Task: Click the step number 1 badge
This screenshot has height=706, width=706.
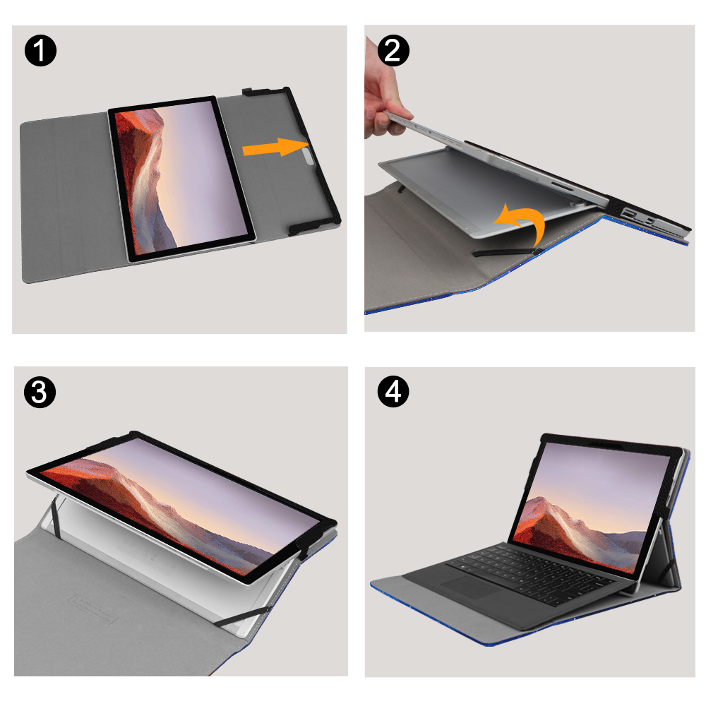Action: [x=40, y=52]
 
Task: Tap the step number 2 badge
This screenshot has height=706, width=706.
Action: [x=393, y=50]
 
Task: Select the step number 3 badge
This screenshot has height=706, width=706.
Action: [x=40, y=392]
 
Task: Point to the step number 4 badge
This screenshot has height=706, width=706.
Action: [x=393, y=392]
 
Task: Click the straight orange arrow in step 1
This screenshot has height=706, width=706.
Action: [x=275, y=148]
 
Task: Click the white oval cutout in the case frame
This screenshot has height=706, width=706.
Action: [x=309, y=157]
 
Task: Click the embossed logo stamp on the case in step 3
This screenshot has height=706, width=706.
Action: [x=93, y=608]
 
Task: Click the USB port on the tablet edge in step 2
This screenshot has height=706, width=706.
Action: [x=628, y=213]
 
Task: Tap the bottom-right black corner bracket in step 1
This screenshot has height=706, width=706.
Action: [x=313, y=225]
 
